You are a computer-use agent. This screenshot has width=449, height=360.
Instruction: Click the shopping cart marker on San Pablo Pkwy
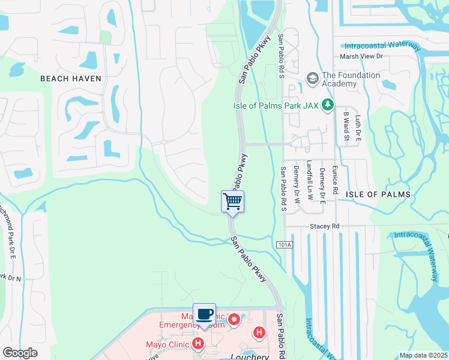click(x=232, y=202)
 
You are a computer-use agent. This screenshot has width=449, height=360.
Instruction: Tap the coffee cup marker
click(x=204, y=314)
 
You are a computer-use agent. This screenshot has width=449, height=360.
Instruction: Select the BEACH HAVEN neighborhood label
click(x=70, y=79)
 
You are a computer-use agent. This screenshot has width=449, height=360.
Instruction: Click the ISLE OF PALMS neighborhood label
click(x=378, y=194)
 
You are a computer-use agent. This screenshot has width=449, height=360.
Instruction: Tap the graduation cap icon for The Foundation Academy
click(x=312, y=79)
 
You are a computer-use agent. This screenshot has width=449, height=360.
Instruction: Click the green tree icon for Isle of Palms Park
click(x=327, y=106)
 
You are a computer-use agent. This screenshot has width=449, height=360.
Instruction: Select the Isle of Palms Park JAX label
click(x=276, y=106)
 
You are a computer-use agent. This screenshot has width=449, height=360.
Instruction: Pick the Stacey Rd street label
click(x=325, y=226)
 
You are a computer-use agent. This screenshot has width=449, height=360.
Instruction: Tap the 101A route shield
click(x=285, y=245)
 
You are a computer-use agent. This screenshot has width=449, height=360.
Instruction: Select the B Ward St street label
click(x=346, y=127)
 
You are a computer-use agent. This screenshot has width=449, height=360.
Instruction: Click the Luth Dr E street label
click(x=358, y=128)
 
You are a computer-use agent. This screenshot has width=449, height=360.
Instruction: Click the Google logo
click(x=20, y=353)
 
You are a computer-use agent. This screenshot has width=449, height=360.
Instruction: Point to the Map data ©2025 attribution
click(x=424, y=355)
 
